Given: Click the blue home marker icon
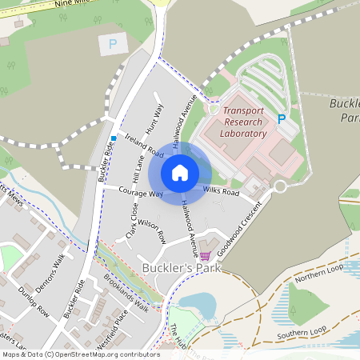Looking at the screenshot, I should coord(180,172).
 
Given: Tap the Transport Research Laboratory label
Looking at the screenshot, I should coord(244,122).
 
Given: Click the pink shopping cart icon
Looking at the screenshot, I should coord(206,255).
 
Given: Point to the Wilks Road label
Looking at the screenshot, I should coord(222,192).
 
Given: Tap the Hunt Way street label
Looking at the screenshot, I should coord(153,122).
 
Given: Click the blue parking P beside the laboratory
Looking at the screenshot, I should coord(281,118).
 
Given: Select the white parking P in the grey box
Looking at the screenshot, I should coord(113,45).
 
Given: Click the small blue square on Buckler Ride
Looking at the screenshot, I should coord(114,138).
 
